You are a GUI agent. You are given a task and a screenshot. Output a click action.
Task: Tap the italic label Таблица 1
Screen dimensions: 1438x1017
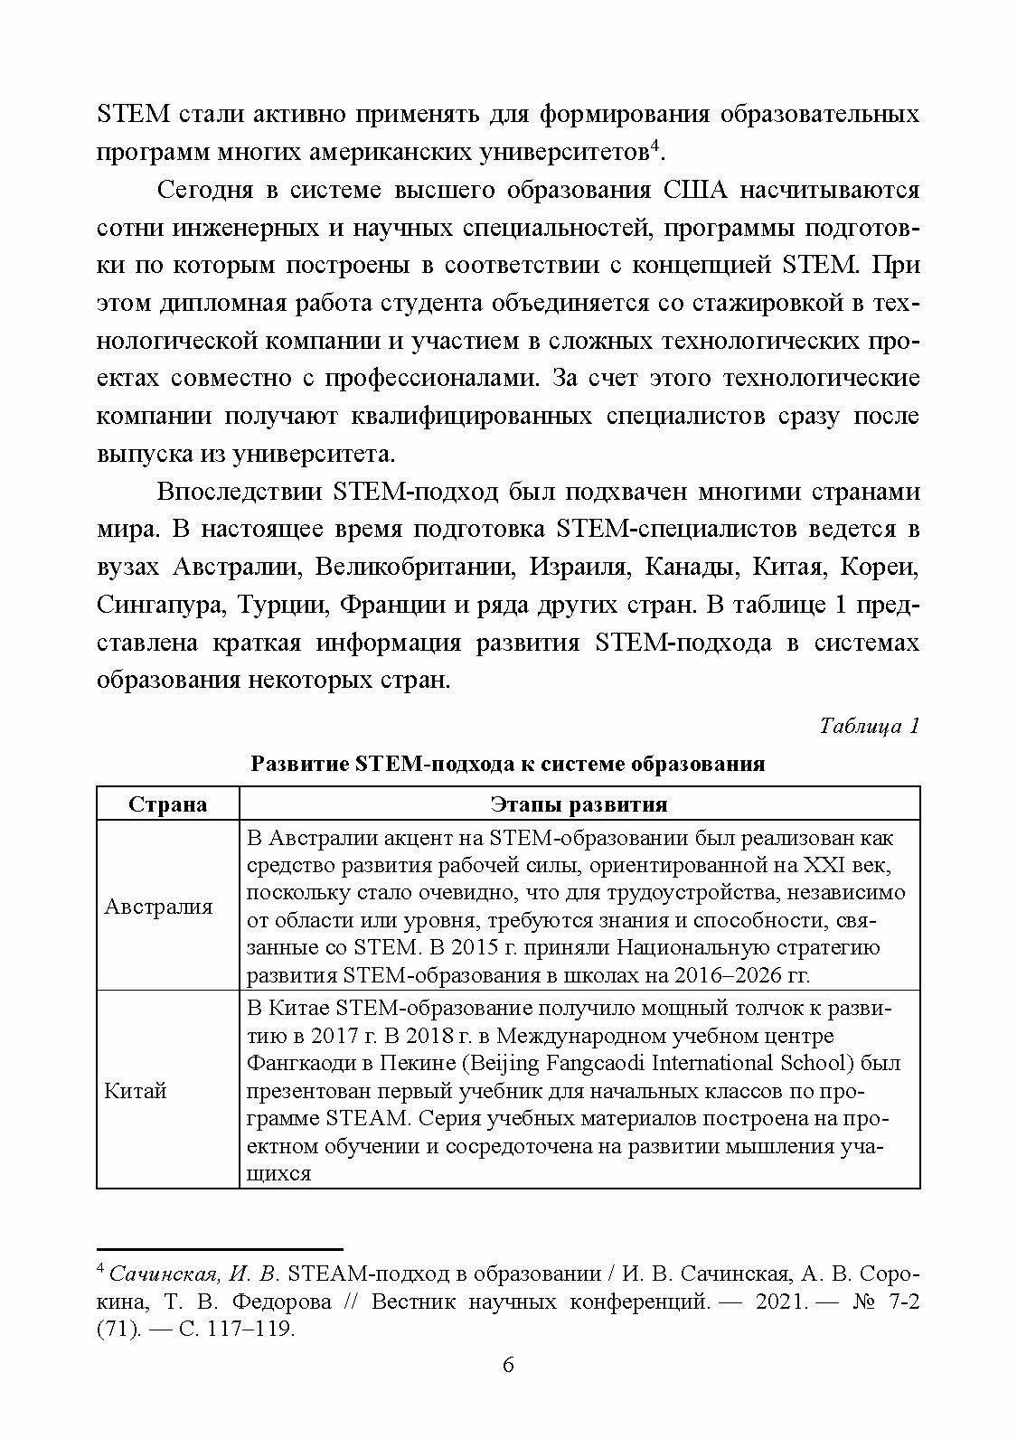pos(869,726)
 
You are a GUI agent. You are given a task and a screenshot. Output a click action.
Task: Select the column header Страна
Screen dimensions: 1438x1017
pos(167,804)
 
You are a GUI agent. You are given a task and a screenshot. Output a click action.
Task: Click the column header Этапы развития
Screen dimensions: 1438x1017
pos(579,804)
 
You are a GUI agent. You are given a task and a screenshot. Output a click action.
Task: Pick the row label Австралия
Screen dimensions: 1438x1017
pos(158,907)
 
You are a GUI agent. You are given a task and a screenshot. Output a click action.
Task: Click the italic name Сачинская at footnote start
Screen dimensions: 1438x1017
pos(162,1274)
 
